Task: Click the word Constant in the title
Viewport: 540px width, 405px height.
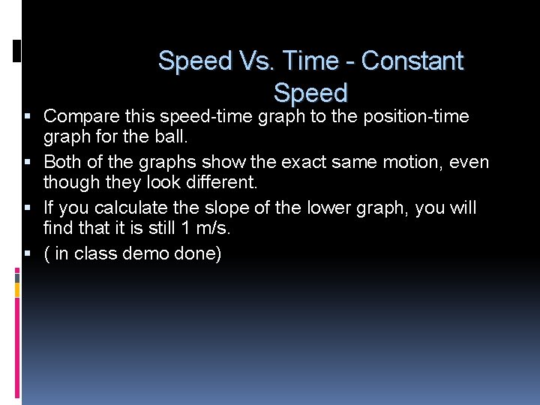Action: [x=412, y=61]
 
